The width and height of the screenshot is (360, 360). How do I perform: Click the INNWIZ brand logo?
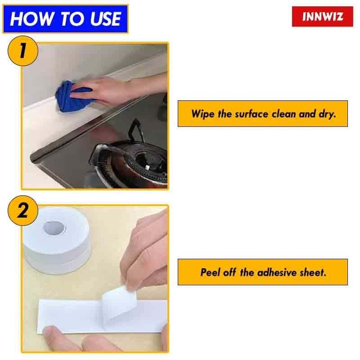click(323, 17)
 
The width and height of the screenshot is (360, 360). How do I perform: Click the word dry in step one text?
click(327, 113)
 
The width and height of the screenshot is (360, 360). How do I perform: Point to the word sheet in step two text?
click(313, 272)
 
